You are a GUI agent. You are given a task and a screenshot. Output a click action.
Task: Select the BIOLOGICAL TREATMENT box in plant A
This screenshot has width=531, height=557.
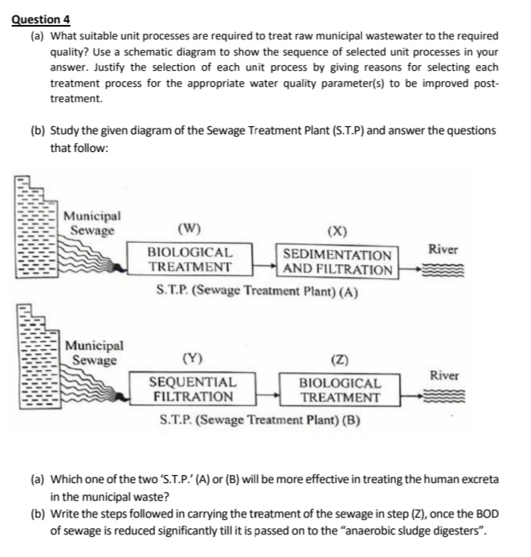point(190,260)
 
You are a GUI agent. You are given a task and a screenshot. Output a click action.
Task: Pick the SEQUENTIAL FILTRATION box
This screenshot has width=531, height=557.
point(194,390)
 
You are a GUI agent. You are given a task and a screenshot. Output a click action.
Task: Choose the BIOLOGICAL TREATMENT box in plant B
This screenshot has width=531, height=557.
point(340,391)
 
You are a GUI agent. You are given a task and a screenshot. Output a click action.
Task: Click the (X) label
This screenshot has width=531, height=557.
point(337,232)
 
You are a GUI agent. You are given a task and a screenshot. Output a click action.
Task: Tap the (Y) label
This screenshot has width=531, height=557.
point(193,358)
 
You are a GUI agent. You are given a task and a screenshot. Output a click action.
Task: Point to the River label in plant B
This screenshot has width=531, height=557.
point(445,375)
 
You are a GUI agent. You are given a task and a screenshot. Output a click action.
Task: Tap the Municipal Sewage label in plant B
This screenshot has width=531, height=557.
point(94,353)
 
